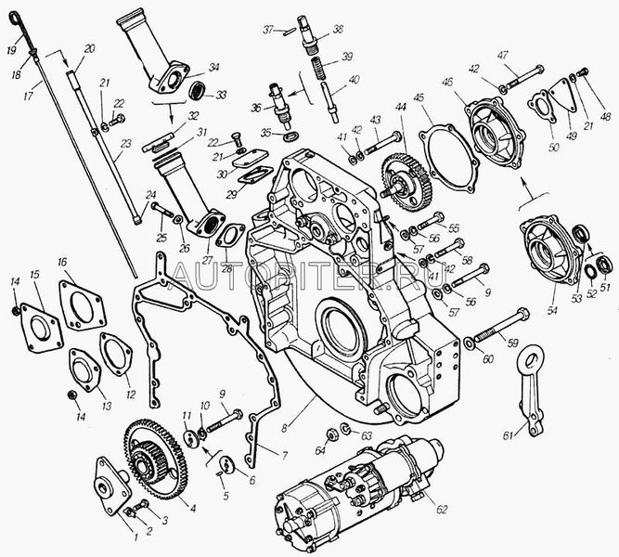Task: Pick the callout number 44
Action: click(401, 109)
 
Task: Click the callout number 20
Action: click(89, 48)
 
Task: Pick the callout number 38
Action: click(336, 28)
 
